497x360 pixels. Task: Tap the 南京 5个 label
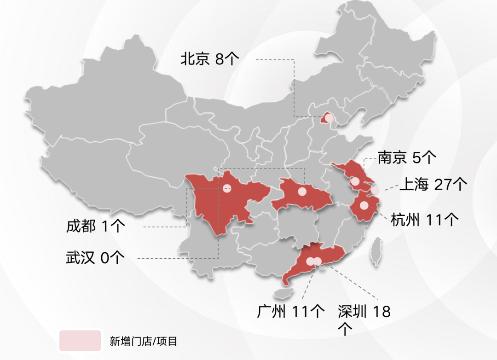[407, 158]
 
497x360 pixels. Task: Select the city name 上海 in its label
[414, 184]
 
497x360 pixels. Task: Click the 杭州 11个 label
[424, 220]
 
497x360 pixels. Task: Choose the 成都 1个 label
[95, 226]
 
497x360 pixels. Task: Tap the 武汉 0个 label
[95, 258]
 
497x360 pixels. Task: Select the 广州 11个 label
[291, 311]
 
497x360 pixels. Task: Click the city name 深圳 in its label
[352, 311]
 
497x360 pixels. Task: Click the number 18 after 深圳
[381, 312]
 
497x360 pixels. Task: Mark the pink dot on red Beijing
[329, 118]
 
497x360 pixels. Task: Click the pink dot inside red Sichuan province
[226, 188]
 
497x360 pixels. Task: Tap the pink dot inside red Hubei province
[302, 192]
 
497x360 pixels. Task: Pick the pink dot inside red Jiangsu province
[355, 181]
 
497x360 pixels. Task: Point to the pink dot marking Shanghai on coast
[376, 190]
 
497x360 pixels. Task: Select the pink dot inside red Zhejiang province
[364, 205]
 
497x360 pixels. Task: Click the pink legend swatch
[80, 341]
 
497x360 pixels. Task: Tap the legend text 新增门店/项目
[143, 342]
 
